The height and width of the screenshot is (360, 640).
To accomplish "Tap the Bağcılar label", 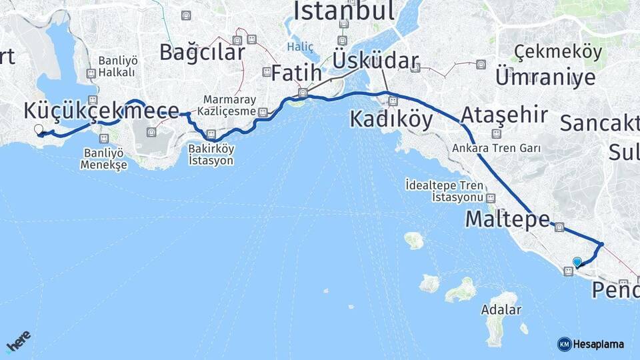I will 201,52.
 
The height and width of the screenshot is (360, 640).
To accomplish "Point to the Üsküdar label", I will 375,61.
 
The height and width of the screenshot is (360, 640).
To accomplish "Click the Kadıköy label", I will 391,120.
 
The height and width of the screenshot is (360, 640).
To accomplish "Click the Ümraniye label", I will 545,77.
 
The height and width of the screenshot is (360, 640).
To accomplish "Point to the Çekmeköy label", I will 558,51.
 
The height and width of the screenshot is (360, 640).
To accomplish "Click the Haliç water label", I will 300,47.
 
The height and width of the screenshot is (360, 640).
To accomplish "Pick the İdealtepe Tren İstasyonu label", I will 443,191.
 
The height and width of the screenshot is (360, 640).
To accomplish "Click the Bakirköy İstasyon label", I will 211,154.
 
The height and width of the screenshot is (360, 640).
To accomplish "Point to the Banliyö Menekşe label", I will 103,159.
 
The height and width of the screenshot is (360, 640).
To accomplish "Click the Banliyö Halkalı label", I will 117,66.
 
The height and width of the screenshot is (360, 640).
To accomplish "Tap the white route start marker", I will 38,129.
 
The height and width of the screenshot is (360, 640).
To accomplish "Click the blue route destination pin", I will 577,262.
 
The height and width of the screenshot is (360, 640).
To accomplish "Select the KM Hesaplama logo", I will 591,344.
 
